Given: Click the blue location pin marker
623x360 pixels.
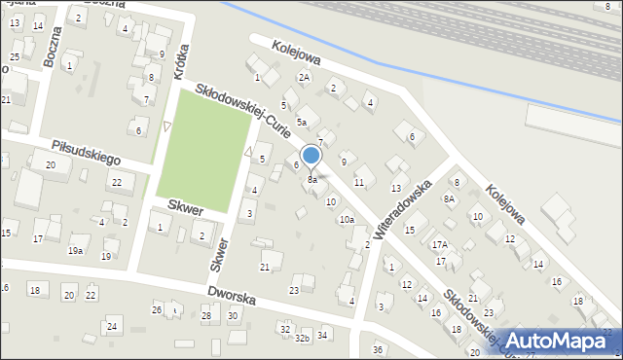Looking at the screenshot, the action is [311, 156].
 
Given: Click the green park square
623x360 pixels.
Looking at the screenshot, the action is [203, 155].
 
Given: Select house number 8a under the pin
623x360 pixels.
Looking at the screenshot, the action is [311, 180].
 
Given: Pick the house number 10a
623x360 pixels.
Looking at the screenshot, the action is [346, 220].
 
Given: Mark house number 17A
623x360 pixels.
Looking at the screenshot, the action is [440, 245].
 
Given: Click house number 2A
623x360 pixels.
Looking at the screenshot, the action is [304, 77].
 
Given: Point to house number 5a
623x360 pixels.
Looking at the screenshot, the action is [302, 122].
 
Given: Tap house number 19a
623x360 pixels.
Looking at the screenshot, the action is [75, 251].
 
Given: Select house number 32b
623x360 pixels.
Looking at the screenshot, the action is [303, 339].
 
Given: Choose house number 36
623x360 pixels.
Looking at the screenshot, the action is [378, 349].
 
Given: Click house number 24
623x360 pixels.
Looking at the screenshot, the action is [112, 326].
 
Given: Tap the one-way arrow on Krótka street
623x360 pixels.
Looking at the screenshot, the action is [167, 126].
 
